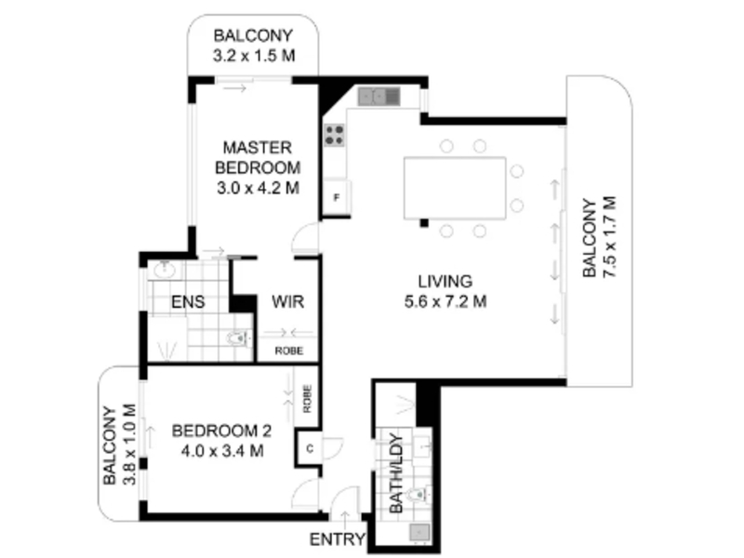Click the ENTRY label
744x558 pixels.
pos(338,539)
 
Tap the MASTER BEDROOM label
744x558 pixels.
pos(258,157)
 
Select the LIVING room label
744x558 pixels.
pos(445,282)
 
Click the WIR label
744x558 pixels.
pos(287,301)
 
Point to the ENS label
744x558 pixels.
pos(188,301)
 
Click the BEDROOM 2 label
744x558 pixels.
pos(221,431)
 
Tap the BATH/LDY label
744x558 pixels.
pos(396,473)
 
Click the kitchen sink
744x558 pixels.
pos(379,97)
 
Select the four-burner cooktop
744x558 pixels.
pos(335,135)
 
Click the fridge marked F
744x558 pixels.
pos(337,197)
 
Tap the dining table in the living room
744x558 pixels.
pos(455,189)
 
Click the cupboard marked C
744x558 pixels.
pos(310,448)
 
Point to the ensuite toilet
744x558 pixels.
pos(240,339)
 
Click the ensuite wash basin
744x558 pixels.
pos(165,271)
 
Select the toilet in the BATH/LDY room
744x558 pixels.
pos(419,496)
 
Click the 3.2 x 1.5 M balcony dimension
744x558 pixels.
pos(254,56)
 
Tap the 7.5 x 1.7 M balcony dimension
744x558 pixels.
pos(609,237)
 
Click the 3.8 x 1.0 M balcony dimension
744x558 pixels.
pos(129,445)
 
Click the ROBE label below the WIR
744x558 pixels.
pos(289,352)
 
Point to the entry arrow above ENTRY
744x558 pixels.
pos(345,520)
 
